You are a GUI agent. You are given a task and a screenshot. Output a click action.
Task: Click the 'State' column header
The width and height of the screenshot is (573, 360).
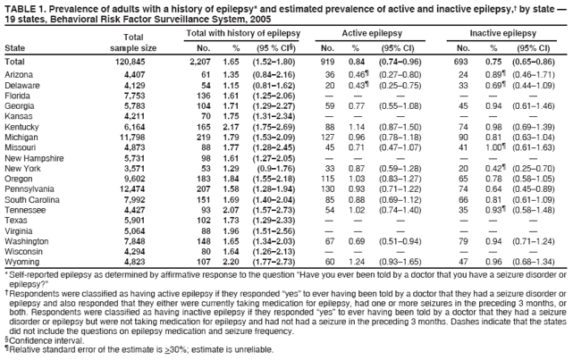coord(15,46)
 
